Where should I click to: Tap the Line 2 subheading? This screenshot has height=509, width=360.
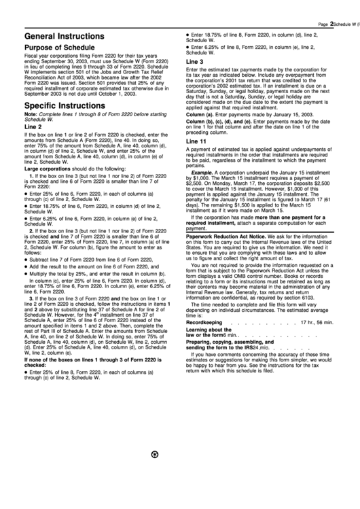click(33, 126)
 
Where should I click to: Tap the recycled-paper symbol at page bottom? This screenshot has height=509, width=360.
click(156, 492)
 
